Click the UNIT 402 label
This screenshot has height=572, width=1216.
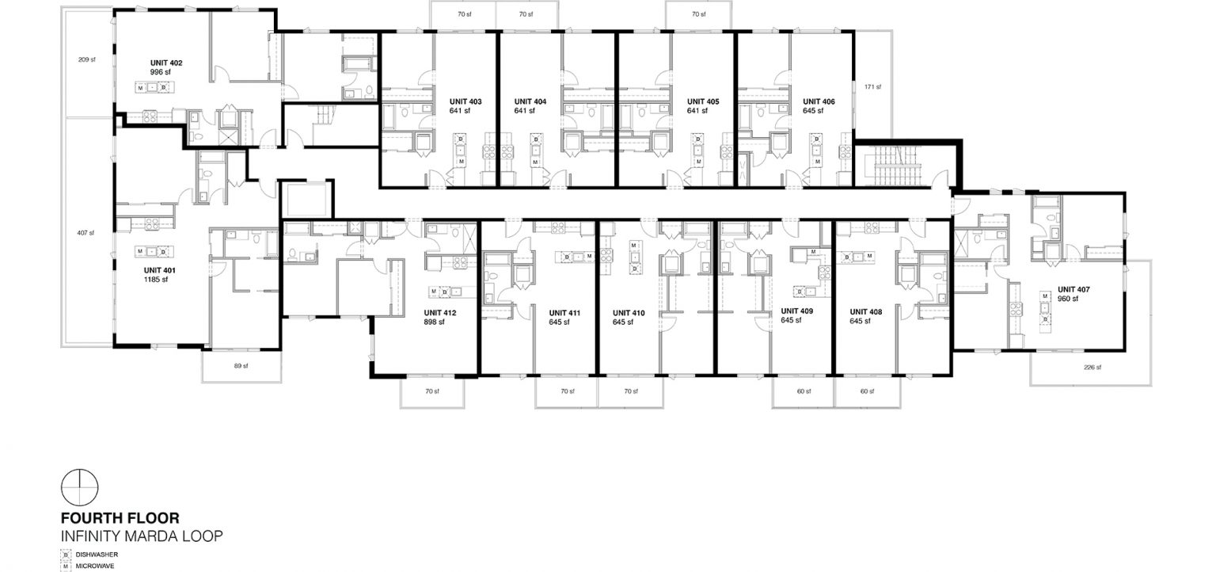click(x=166, y=62)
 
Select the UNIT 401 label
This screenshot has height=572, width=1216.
click(x=159, y=270)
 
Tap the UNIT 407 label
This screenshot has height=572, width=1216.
click(x=1073, y=290)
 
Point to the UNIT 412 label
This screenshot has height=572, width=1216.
click(x=440, y=313)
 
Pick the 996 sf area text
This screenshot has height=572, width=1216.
click(x=160, y=71)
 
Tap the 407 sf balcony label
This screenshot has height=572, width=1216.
click(x=86, y=233)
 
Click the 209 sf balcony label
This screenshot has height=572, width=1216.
click(x=86, y=59)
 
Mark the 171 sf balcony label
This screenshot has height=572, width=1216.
click(x=872, y=86)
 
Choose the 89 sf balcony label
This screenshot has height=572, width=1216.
click(x=241, y=366)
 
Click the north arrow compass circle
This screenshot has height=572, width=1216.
click(x=79, y=487)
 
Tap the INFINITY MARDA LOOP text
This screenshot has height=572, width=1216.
click(x=142, y=536)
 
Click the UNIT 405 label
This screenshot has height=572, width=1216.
click(x=702, y=101)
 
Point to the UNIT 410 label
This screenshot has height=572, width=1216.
click(x=629, y=313)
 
